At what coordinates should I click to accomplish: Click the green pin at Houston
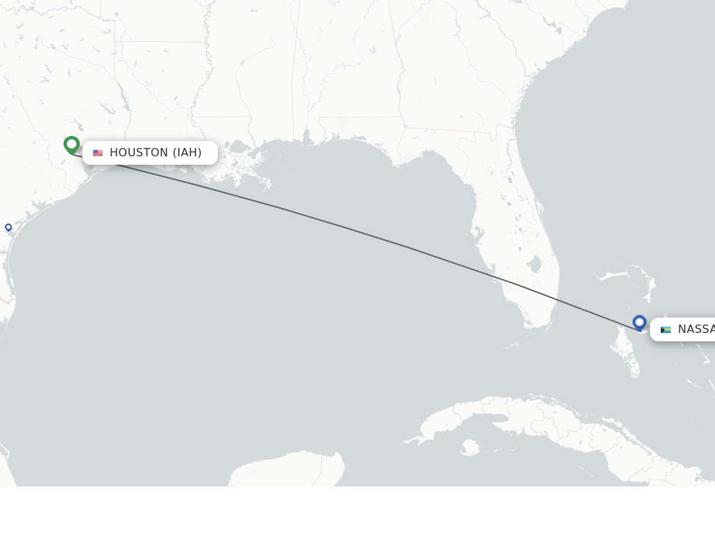(71, 144)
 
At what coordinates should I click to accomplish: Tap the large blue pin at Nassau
(640, 322)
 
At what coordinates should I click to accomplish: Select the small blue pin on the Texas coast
(8, 227)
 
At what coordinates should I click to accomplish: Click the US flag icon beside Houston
(98, 153)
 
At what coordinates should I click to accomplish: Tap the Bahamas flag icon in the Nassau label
(665, 329)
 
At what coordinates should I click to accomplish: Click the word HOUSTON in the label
(139, 153)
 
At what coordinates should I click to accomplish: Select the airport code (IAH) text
(187, 153)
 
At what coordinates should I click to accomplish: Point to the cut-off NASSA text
(695, 329)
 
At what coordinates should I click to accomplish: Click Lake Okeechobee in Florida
(534, 265)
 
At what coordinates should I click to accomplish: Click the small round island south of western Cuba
(469, 446)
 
